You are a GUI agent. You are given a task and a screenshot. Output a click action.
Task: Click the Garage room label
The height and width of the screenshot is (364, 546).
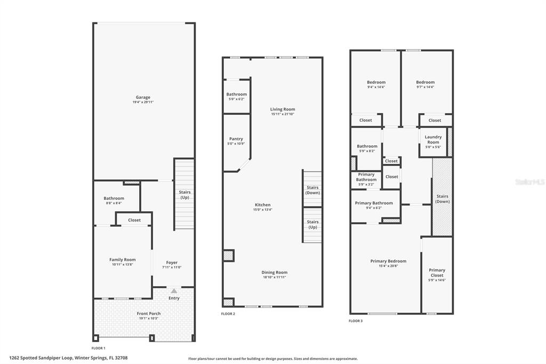point(142,97)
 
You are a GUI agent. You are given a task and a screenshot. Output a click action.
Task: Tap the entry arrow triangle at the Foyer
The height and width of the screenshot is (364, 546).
point(174,291)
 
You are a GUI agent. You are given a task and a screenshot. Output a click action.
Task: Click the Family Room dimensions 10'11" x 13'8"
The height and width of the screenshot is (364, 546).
point(123,265)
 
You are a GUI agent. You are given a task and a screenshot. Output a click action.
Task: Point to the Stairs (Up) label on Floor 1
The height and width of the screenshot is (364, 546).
point(184,195)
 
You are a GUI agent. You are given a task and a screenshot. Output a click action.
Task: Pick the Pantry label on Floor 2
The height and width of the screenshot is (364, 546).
point(236,139)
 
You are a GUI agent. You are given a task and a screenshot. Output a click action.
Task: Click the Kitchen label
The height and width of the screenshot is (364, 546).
point(262,205)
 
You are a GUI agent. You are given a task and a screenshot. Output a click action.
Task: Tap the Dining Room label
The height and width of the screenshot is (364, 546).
point(275,272)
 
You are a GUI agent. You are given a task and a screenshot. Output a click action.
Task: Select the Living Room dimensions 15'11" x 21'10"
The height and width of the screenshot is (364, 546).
point(282,114)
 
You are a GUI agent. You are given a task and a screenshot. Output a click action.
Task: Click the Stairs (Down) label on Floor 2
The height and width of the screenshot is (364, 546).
point(312,190)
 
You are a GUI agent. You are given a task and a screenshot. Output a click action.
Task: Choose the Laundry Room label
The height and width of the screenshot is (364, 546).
point(433,139)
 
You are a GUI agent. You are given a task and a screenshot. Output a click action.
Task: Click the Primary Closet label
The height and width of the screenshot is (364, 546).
point(437,273)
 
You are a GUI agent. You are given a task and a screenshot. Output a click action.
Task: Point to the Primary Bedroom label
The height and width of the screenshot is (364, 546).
point(388,261)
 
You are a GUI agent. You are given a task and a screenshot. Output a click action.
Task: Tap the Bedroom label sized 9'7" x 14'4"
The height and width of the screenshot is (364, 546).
point(425,82)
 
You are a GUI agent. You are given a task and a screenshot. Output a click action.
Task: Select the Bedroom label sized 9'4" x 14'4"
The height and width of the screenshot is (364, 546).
point(376,82)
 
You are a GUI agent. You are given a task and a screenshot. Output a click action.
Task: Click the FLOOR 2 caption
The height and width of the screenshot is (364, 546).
point(228,314)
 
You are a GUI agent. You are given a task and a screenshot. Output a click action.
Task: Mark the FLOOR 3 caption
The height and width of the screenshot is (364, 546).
point(356,321)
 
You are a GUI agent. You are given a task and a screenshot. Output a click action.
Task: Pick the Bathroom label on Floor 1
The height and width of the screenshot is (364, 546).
point(114,198)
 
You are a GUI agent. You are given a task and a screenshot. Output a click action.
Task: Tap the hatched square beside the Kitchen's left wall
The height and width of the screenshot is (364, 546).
point(228,256)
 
